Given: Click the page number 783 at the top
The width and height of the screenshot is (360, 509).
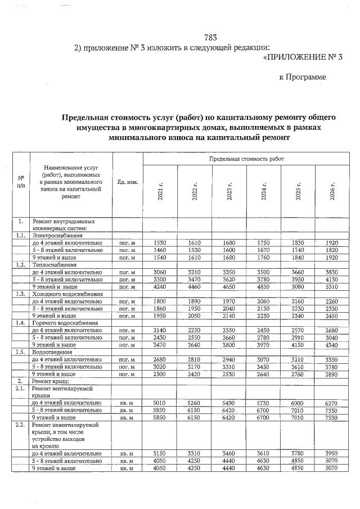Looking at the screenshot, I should click(x=210, y=38).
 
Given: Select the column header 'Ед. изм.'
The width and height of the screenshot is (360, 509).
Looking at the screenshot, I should click(x=128, y=183).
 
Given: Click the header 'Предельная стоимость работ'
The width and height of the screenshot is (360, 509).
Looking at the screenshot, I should click(x=246, y=160).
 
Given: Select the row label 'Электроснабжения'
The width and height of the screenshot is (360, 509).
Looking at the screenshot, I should click(x=57, y=236).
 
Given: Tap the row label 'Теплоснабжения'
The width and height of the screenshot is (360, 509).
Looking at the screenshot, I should click(x=55, y=264).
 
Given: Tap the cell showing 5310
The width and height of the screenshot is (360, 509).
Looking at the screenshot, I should click(x=332, y=286).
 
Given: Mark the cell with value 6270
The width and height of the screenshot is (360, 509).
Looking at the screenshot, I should click(x=332, y=403).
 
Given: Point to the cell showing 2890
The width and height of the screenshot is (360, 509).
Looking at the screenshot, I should click(x=332, y=374).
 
